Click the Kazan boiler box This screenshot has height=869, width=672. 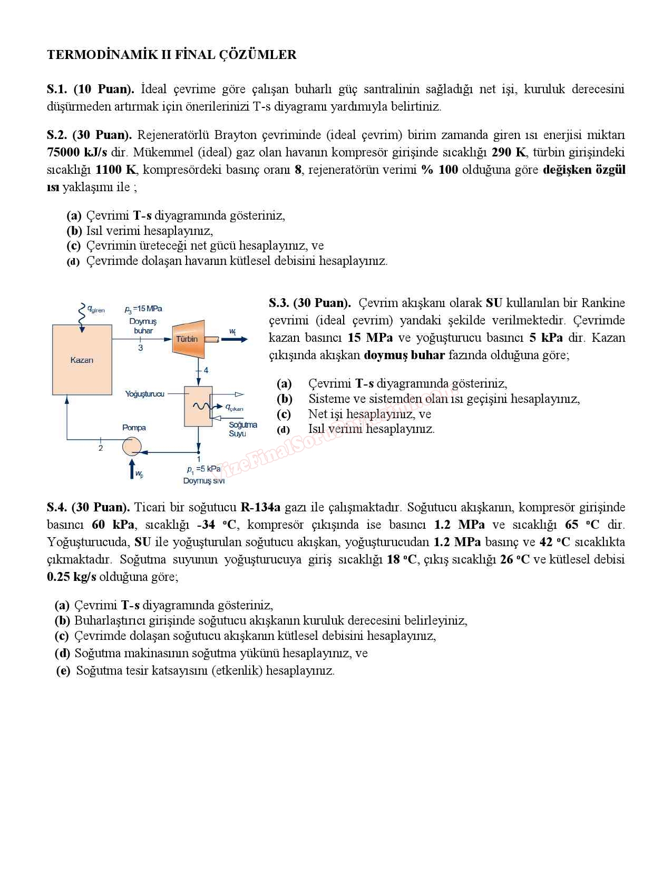(82, 360)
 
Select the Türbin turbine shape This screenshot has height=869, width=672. (188, 339)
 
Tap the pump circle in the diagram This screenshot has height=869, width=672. (132, 447)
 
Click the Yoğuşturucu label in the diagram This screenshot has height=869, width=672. (144, 394)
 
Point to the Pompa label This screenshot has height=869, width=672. (134, 428)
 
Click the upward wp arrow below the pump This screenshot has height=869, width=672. (132, 468)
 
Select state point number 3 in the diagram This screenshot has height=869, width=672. (141, 348)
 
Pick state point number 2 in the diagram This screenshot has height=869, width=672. (101, 448)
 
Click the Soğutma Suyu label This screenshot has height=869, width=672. (242, 429)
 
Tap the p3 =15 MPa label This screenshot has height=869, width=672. (143, 309)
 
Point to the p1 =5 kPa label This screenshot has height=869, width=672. (203, 469)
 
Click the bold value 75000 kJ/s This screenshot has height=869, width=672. (77, 153)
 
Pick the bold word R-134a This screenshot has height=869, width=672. (260, 508)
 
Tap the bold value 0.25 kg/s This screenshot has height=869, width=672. (72, 577)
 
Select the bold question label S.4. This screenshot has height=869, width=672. (57, 508)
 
